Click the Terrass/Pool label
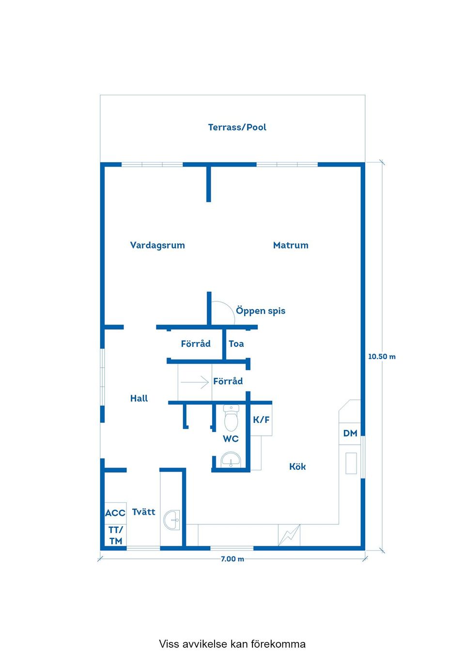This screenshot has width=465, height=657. coord(237,127)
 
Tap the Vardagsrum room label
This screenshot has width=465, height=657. coord(157,245)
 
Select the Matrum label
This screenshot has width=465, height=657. coord(291,245)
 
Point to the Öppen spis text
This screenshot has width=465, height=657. coord(261,311)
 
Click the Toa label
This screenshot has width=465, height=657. coord(236,343)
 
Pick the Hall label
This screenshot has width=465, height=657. coord(139,398)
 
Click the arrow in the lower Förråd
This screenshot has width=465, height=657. coord(195,382)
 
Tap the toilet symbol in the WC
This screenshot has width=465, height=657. coord(231,418)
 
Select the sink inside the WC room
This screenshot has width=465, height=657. coord(231,459)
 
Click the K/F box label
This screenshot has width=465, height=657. coord(261,419)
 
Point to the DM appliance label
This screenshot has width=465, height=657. coord(350,433)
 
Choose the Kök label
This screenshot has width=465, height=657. coord(297,466)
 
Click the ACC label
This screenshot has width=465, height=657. coord(115,513)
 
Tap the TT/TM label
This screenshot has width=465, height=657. coord(116,536)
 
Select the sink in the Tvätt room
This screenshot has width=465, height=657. coord(172,520)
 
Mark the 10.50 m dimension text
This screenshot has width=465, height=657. coord(382,357)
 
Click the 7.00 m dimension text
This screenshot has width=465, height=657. coord(232,559)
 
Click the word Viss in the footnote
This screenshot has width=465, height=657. coord(170,644)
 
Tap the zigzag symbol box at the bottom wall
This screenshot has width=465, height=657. coord(289,535)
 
